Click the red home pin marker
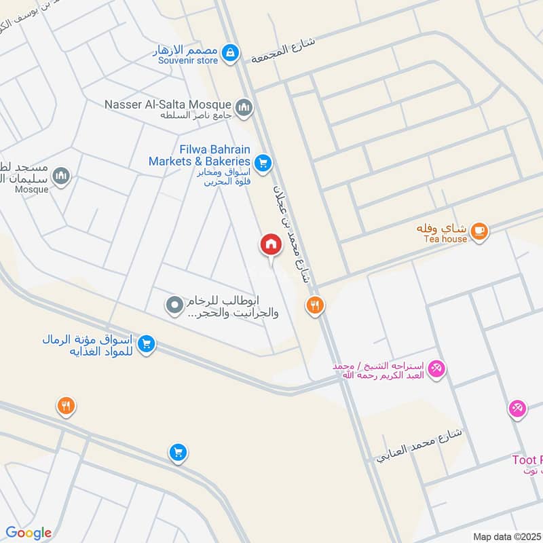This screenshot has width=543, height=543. tap(271, 244)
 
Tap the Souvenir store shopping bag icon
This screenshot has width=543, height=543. tap(231, 52)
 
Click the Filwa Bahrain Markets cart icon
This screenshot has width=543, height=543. tap(263, 163)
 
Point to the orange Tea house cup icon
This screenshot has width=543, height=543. tap(479, 231)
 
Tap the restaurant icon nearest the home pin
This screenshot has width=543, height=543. tap(314, 305)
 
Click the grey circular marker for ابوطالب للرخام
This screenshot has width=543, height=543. tap(175, 306)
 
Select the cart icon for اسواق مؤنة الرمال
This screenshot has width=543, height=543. tap(145, 345)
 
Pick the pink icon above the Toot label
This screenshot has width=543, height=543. tap(517, 409)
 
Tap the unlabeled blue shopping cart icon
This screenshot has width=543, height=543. tap(177, 451)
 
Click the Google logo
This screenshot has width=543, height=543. tap(29, 533)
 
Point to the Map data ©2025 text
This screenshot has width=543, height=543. tap(506, 536)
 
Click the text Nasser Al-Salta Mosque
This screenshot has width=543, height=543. tap(168, 105)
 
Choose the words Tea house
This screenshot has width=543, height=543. tap(445, 239)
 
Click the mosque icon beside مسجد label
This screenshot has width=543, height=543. tap(62, 176)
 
